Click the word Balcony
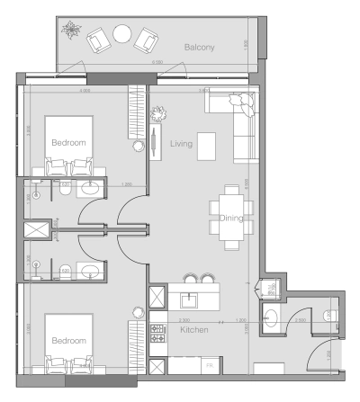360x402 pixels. [x=199, y=47]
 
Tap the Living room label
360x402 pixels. [x=183, y=157]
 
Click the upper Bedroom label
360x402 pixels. [x=68, y=142]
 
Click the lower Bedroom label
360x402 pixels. [x=68, y=341]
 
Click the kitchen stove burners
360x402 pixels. [x=158, y=332]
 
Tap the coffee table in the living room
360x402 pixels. [x=207, y=145]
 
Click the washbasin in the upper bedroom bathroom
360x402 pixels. [x=87, y=189]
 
